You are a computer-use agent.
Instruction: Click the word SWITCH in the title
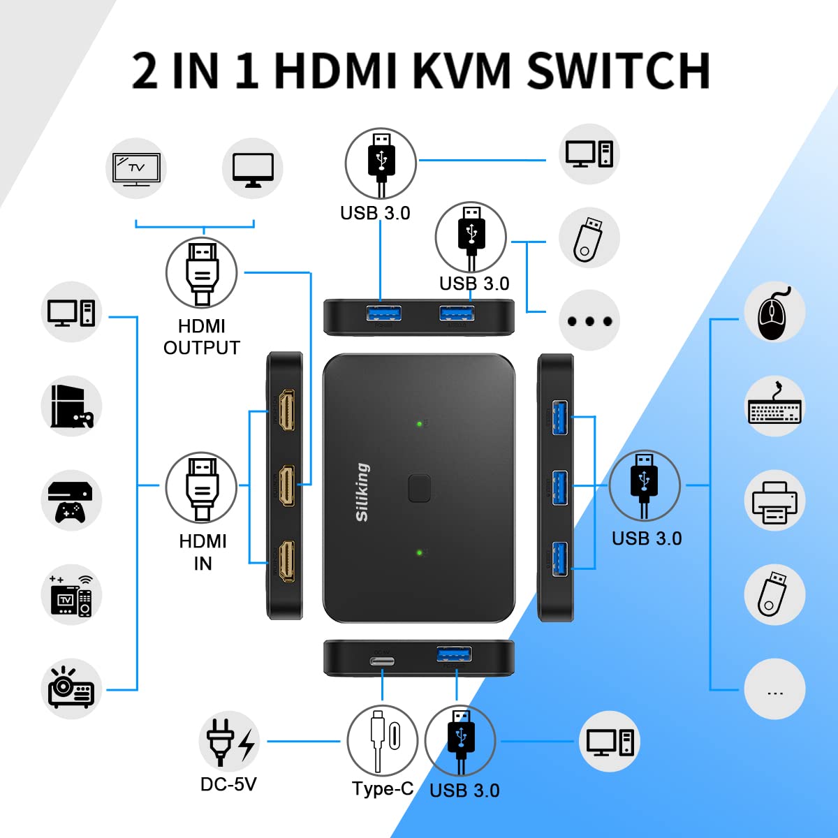618,71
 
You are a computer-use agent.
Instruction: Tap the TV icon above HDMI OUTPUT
137,168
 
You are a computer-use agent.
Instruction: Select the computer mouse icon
774,312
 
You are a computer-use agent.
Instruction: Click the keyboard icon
774,406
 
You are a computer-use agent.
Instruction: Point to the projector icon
71,689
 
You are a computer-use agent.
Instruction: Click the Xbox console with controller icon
71,501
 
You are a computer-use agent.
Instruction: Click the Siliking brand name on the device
362,492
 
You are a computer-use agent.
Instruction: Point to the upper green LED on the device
419,423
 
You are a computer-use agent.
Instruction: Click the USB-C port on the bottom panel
382,661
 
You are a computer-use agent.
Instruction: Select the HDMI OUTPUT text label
202,337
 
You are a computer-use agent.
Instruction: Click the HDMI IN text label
203,552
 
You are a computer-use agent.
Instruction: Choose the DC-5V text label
228,784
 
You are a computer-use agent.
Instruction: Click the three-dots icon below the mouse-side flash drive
774,689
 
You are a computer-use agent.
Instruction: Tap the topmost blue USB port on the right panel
559,417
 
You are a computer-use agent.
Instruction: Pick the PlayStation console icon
71,406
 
